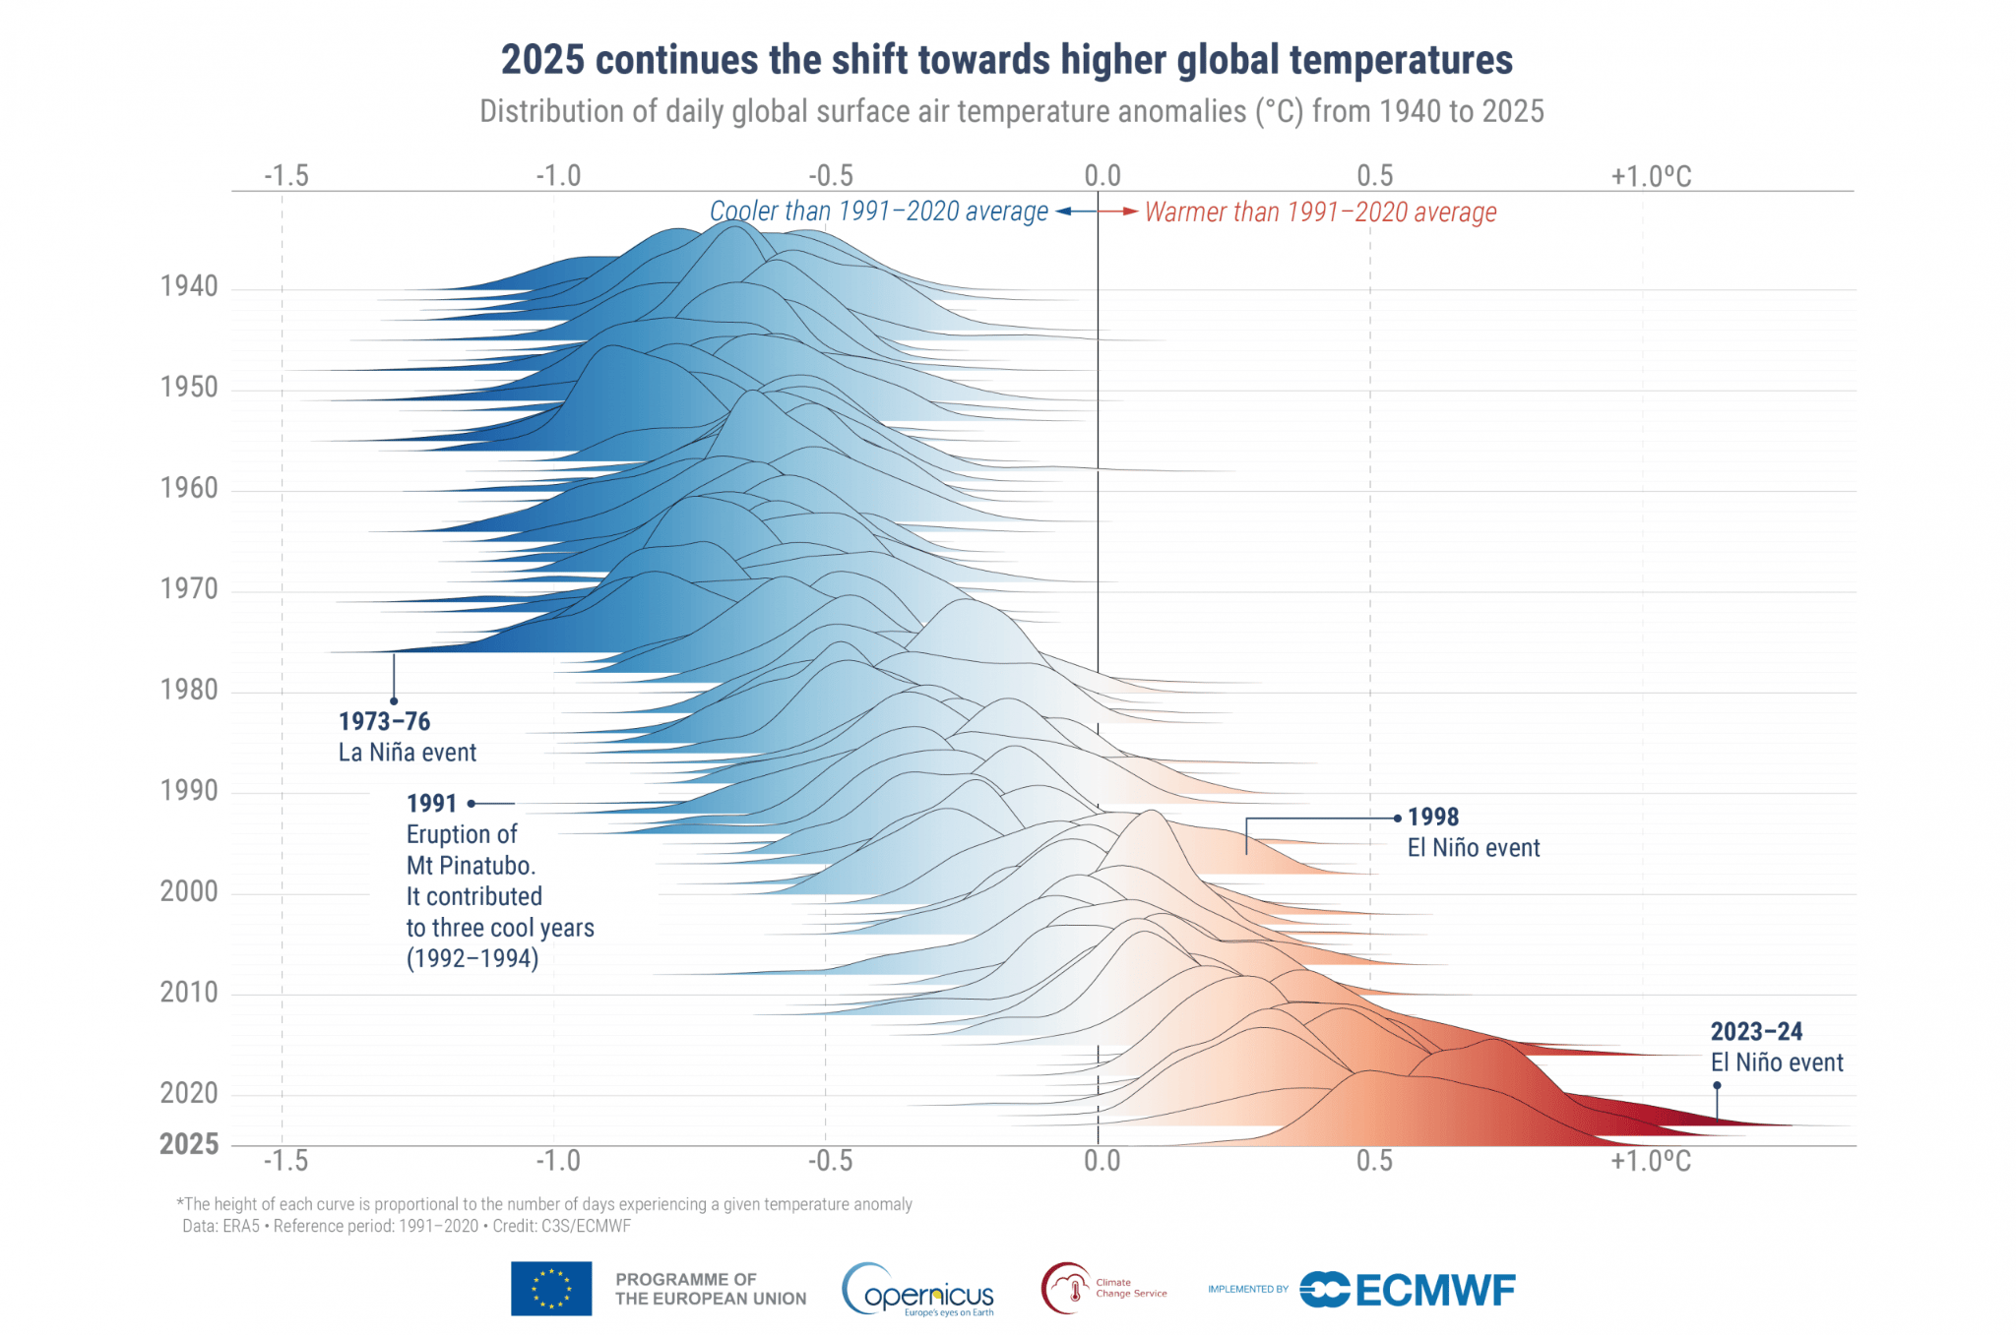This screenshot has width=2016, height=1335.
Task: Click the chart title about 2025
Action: pos(1006,60)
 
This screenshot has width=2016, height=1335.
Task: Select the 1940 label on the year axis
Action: pos(189,286)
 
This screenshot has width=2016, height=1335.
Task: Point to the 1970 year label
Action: pos(189,589)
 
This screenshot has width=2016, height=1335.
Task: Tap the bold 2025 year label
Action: pos(189,1144)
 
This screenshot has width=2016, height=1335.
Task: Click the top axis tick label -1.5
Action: pos(285,176)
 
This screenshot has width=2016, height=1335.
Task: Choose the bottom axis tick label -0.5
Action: pos(830,1161)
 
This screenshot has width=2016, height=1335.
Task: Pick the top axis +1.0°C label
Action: pos(1651,177)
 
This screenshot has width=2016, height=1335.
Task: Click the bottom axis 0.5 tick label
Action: pos(1374,1161)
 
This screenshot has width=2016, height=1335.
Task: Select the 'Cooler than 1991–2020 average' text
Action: pos(878,212)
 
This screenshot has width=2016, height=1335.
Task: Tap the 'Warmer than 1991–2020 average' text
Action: pos(1320,212)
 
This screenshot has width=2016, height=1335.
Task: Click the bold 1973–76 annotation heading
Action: pos(384,722)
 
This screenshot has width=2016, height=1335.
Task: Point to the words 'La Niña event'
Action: pos(407,753)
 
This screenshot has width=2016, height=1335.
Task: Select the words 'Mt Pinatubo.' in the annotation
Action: pos(471,866)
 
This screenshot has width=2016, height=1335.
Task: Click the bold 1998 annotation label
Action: pos(1433,818)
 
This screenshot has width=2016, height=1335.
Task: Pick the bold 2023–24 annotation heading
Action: pos(1756,1032)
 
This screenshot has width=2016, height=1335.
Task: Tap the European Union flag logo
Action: pos(551,1289)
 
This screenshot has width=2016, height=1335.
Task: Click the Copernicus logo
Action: pos(918,1290)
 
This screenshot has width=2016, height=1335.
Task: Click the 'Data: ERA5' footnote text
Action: pos(220,1227)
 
